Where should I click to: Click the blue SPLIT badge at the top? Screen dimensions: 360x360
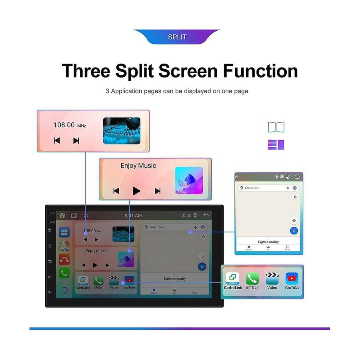click(x=177, y=37)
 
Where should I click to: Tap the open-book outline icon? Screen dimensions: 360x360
click(x=276, y=127)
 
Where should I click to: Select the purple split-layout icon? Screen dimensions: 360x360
click(x=276, y=145)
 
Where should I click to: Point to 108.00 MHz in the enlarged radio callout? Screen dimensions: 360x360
click(x=70, y=125)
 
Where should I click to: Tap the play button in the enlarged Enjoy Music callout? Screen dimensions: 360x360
click(x=137, y=191)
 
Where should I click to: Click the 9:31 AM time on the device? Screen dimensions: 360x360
click(x=133, y=215)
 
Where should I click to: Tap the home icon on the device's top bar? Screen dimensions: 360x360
click(x=62, y=215)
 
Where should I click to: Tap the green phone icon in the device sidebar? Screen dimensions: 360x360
click(x=64, y=273)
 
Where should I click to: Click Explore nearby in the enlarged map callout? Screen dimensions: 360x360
click(x=268, y=242)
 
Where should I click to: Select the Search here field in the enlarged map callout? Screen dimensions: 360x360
click(x=262, y=188)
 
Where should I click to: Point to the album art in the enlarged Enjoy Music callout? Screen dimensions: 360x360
click(x=189, y=181)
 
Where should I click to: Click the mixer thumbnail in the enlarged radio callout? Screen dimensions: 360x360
click(x=122, y=131)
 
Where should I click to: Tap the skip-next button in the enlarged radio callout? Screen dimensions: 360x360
click(x=76, y=140)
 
